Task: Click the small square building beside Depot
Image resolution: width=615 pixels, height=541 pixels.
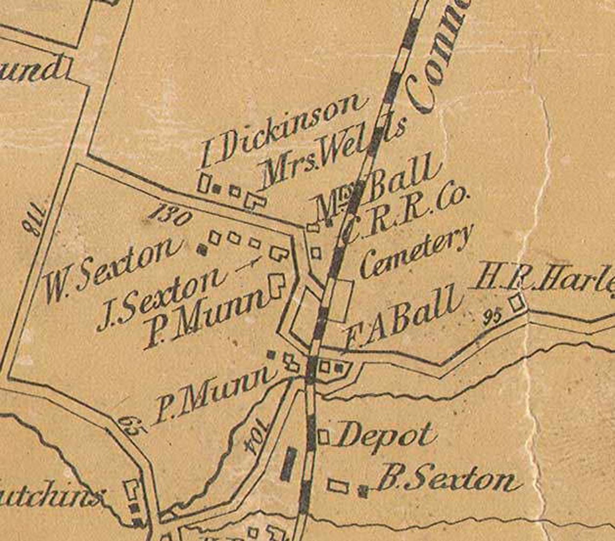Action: (323, 436)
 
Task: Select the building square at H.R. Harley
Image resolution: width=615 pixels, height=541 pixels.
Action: (517, 302)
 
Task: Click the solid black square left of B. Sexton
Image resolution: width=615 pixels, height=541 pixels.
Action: (363, 490)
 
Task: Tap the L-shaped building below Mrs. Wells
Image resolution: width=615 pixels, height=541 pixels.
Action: (255, 200)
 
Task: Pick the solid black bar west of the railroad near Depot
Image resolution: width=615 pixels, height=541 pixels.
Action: (290, 464)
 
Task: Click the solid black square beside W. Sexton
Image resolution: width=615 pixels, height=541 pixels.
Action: (202, 249)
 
